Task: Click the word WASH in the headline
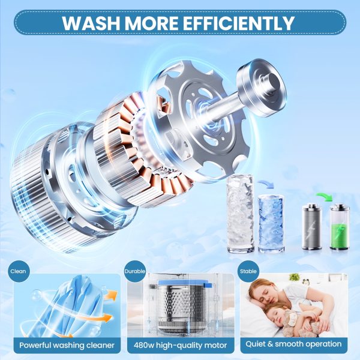(91, 23)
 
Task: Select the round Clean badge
(18, 271)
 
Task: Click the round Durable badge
(135, 271)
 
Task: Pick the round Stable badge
(248, 271)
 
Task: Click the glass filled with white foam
(241, 214)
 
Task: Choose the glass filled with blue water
(271, 224)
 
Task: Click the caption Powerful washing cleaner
(67, 345)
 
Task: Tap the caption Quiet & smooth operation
(293, 344)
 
